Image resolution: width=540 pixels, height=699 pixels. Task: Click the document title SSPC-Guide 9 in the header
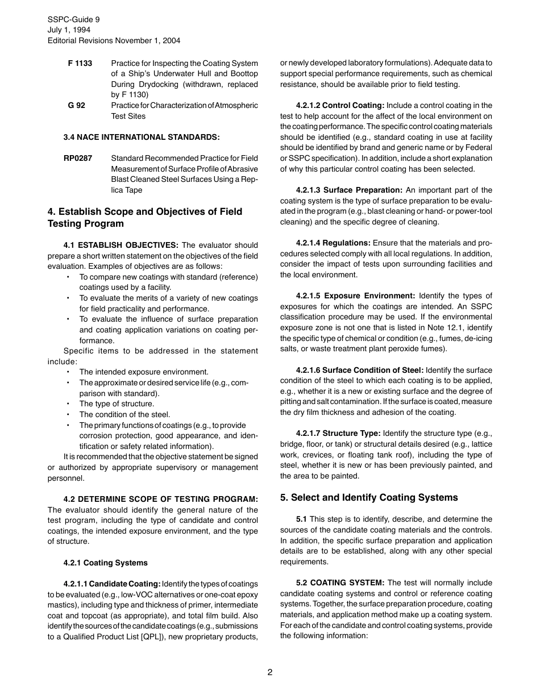click(x=74, y=19)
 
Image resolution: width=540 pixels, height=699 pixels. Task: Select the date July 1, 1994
click(x=69, y=30)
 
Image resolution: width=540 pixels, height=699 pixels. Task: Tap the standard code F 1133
click(x=80, y=63)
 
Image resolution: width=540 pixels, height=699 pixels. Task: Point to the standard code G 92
click(x=77, y=105)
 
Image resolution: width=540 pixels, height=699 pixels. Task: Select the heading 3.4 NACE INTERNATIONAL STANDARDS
click(x=141, y=137)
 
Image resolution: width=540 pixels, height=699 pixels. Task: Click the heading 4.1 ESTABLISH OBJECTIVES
click(x=121, y=245)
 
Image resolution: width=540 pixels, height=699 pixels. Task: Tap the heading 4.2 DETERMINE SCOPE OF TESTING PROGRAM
click(x=160, y=499)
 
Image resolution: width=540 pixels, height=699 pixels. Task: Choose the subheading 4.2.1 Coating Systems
click(x=105, y=563)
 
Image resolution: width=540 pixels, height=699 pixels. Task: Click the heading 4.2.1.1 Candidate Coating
click(x=112, y=584)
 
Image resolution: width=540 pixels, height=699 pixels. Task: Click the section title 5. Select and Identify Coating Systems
click(x=368, y=497)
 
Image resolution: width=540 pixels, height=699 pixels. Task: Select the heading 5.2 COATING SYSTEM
click(x=340, y=582)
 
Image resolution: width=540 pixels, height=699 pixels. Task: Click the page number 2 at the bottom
click(x=270, y=672)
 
